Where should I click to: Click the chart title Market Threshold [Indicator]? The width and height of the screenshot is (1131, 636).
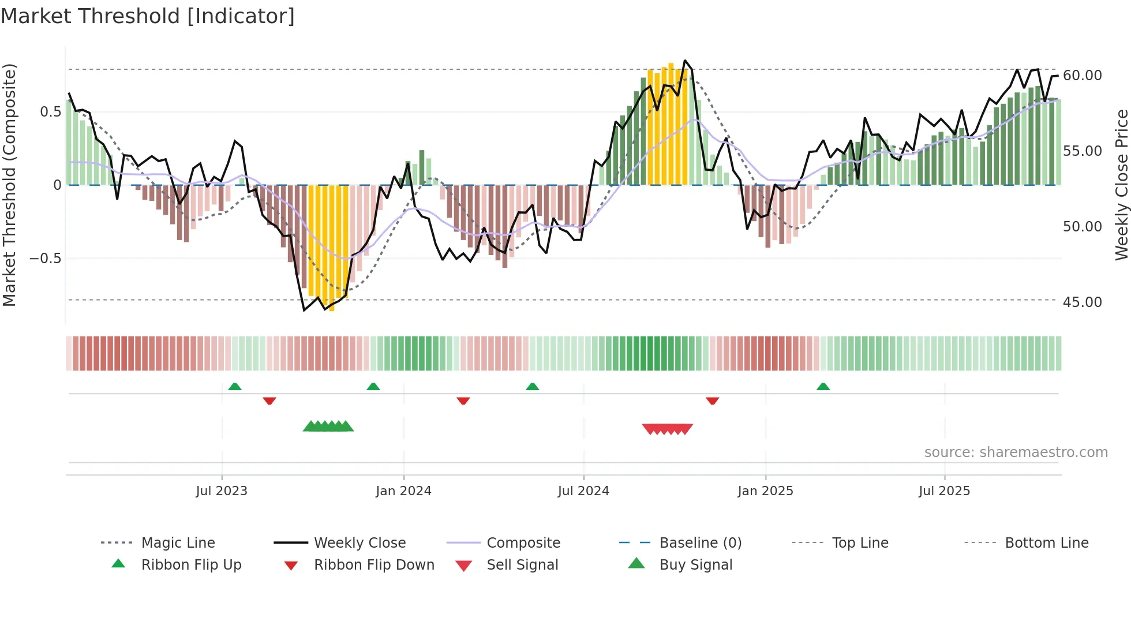[x=148, y=16]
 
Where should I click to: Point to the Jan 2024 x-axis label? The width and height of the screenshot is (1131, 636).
[x=403, y=491]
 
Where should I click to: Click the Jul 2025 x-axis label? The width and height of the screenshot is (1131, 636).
[x=944, y=491]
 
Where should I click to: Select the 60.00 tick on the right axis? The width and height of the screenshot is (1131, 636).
[x=1082, y=76]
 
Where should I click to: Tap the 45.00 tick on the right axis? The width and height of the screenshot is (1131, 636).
[x=1082, y=302]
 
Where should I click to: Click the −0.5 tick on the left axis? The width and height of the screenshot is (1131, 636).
[x=46, y=258]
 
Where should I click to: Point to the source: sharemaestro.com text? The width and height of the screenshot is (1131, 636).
[x=1016, y=452]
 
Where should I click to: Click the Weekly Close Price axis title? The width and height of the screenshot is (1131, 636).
[x=1121, y=185]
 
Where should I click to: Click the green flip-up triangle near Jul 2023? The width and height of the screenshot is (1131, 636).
[x=235, y=387]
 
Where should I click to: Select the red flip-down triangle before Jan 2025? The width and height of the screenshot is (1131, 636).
[x=712, y=401]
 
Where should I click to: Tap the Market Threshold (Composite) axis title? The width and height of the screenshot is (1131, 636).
[x=9, y=185]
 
